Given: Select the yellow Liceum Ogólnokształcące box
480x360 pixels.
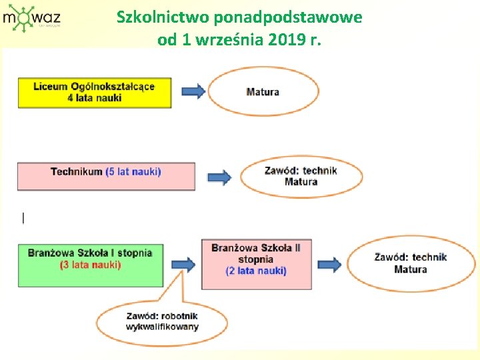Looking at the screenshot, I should (94, 92).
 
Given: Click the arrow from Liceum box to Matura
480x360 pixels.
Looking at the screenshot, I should (193, 91).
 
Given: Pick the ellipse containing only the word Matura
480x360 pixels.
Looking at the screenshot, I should (263, 91).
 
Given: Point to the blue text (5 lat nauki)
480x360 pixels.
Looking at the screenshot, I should (133, 172).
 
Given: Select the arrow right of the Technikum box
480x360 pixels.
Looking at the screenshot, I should (219, 177).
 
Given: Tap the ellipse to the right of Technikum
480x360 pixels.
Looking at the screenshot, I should (301, 176).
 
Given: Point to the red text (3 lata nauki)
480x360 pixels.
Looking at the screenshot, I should (90, 265).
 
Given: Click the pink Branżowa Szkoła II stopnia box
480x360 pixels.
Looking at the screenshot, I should (256, 264).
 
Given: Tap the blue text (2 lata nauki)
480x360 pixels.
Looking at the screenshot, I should (256, 271).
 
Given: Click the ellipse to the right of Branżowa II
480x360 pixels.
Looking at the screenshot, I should (411, 263).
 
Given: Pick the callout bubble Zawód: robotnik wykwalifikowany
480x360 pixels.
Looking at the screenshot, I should (162, 322).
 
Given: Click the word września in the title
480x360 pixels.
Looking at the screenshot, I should (231, 39).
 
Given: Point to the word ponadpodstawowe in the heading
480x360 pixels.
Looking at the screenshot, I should (288, 17).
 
